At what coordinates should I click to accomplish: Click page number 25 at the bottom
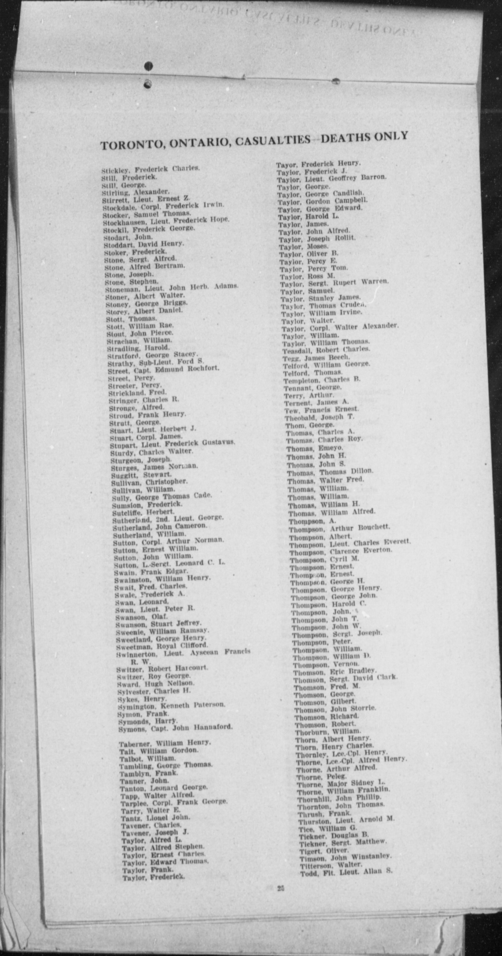pos(281,888)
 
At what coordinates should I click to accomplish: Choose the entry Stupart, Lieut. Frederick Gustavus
pos(172,444)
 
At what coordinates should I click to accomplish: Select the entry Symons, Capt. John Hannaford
pos(175,727)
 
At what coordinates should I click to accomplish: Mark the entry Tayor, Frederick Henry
pos(318,164)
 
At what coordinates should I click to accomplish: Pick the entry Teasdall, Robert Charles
pos(326,350)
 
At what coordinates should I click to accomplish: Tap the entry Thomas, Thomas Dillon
pos(330,472)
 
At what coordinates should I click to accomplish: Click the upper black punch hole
pos(149,66)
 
